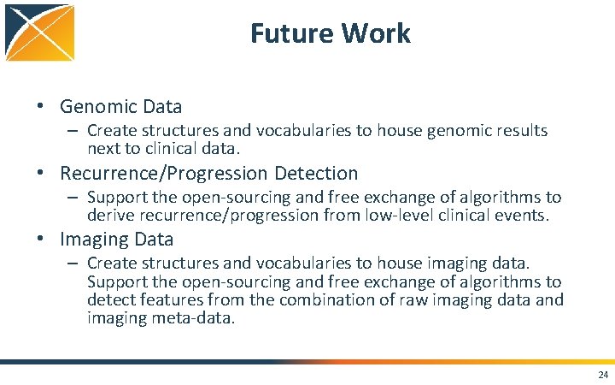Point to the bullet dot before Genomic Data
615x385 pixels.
[x=40, y=107]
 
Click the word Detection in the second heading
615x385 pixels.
[x=319, y=174]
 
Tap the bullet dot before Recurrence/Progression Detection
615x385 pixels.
[x=40, y=174]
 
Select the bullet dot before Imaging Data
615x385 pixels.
[x=40, y=240]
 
